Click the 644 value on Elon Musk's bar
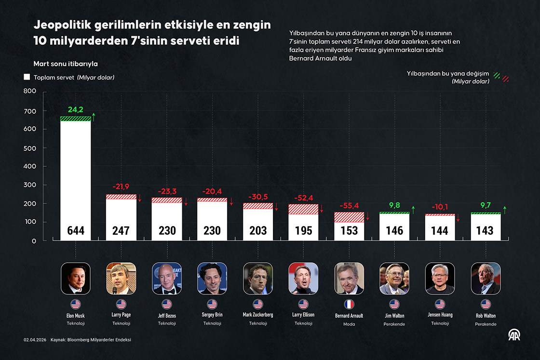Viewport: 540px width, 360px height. (76, 231)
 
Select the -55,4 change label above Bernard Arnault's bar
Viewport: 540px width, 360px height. (349, 206)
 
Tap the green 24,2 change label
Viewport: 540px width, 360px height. (76, 110)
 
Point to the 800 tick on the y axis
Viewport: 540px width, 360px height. (30, 91)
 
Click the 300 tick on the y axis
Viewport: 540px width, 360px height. (30, 185)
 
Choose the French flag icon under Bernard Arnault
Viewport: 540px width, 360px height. (349, 304)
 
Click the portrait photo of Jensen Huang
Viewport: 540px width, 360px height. (440, 279)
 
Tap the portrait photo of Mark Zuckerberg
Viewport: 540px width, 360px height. (258, 279)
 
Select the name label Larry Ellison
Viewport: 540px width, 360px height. (303, 315)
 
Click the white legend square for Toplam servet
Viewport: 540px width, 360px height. (27, 77)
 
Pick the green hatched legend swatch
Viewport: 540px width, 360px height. (497, 75)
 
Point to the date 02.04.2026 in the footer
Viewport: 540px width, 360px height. (35, 340)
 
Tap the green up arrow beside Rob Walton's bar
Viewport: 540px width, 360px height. (504, 210)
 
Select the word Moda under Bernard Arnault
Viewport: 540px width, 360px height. (349, 324)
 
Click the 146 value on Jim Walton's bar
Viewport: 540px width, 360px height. (394, 231)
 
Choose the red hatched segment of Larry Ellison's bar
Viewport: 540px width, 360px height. (303, 209)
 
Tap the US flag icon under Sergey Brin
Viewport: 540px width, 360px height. (212, 304)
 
